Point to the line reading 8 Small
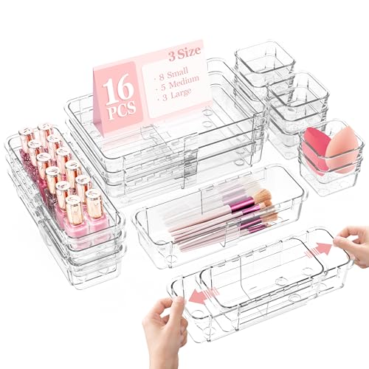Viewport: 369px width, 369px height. click(170, 75)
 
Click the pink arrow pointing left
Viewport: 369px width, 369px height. click(194, 295)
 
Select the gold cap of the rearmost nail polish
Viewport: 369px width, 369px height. click(27, 135)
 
